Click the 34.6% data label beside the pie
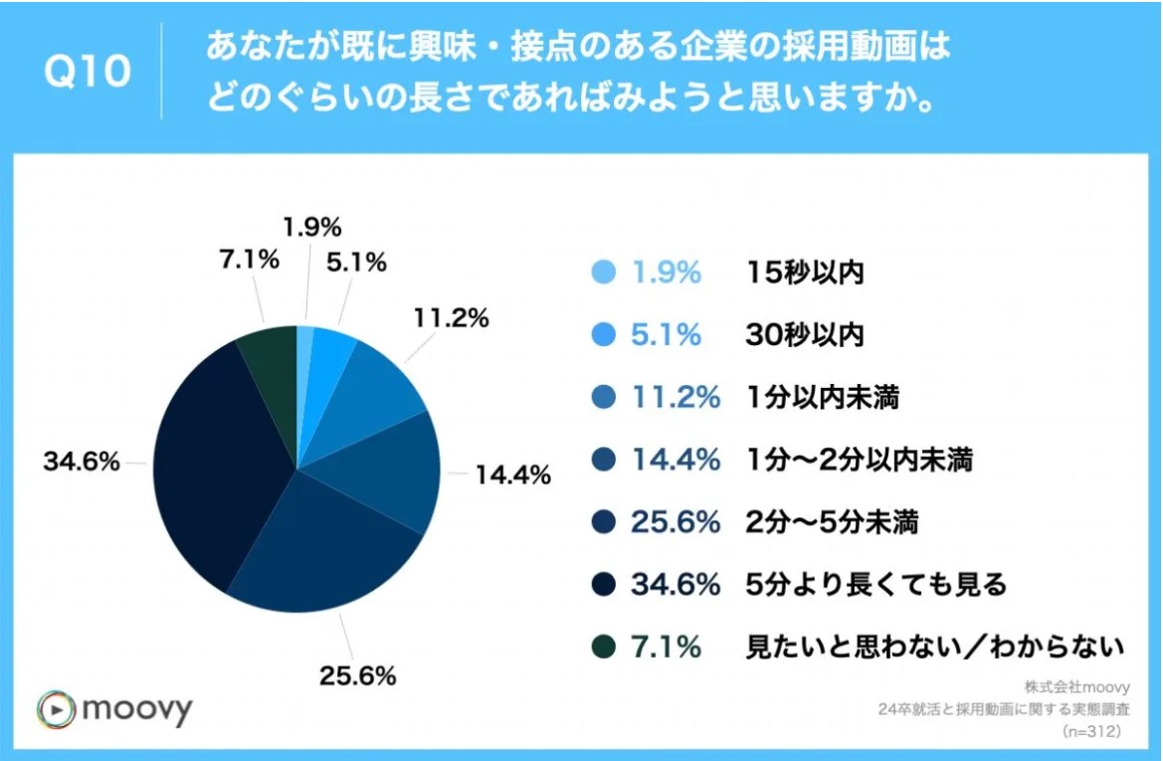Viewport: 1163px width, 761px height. pos(82,463)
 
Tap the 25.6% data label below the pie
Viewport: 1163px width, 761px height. pos(357,676)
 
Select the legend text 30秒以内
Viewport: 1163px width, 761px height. pos(805,336)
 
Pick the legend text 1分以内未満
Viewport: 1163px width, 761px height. pos(823,398)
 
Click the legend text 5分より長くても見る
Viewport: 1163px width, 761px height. pos(876,584)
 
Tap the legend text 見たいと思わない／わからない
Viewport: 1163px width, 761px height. pos(935,647)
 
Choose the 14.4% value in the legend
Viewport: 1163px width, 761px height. pos(676,460)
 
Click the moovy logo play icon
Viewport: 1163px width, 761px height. pos(56,709)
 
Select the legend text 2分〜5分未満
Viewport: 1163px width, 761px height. pos(837,522)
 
